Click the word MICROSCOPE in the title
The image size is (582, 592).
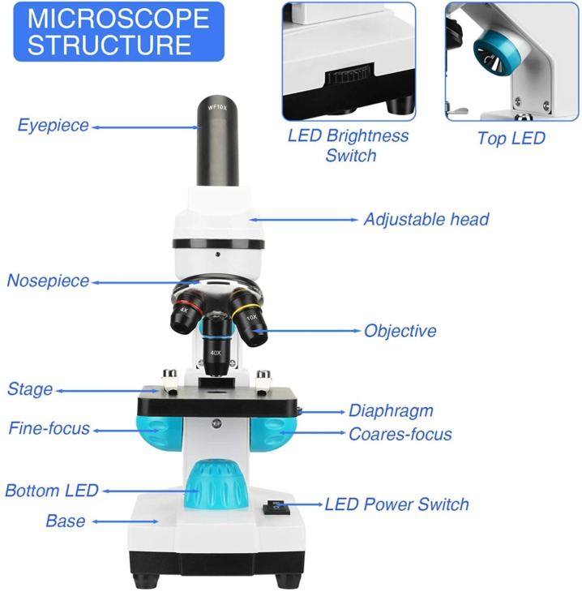[118, 19]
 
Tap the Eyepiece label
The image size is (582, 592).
[53, 126]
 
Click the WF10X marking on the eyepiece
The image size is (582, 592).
[217, 108]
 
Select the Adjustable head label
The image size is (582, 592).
[426, 219]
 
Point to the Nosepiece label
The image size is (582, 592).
[48, 281]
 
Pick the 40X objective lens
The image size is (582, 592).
[216, 347]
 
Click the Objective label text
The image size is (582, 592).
[400, 331]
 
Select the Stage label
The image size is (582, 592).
[30, 389]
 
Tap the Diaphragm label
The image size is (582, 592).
[391, 411]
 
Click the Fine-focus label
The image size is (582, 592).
[49, 428]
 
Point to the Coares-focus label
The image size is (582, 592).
[400, 434]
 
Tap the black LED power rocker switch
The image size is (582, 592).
[276, 508]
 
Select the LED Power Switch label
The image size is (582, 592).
[396, 504]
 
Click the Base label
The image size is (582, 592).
[66, 521]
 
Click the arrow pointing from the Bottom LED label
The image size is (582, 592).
[151, 491]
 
